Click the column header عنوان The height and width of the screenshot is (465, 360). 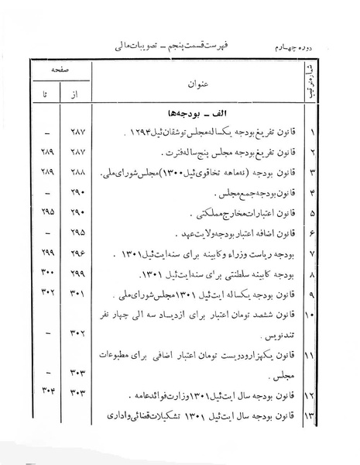click(x=197, y=84)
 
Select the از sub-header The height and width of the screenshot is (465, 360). click(x=72, y=95)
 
